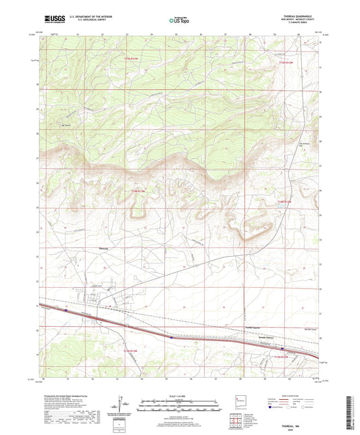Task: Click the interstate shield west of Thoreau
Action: tap(66, 310)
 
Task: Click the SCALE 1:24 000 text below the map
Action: tap(180, 395)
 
